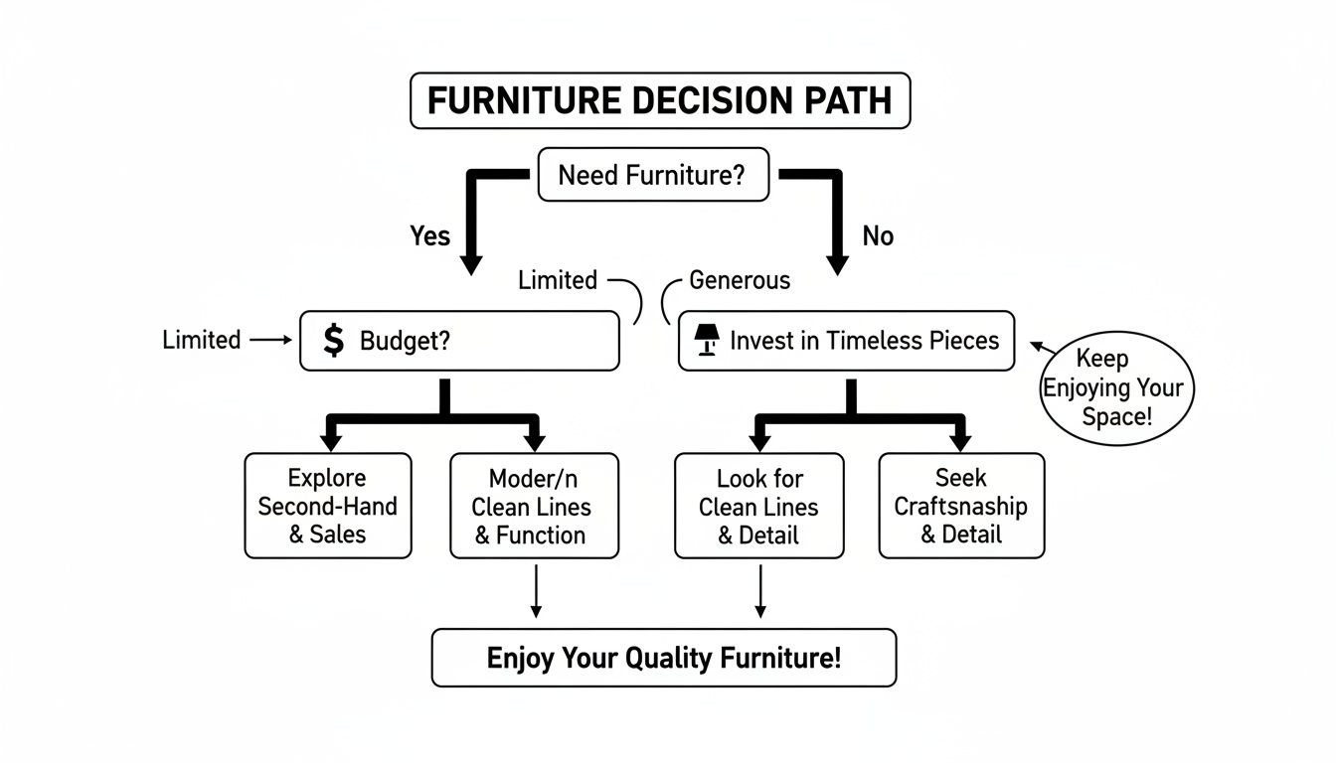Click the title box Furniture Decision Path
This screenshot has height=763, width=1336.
pyautogui.click(x=660, y=100)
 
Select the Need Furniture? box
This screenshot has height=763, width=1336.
pyautogui.click(x=652, y=176)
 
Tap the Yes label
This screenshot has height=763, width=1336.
pyautogui.click(x=429, y=236)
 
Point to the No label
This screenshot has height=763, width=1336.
pyautogui.click(x=878, y=236)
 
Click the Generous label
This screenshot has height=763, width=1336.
pyautogui.click(x=740, y=281)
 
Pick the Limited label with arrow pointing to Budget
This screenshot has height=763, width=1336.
pyautogui.click(x=201, y=340)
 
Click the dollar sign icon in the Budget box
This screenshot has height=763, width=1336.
pyautogui.click(x=334, y=341)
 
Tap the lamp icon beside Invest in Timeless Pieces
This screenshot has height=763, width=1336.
pyautogui.click(x=706, y=341)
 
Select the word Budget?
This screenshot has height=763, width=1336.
pyautogui.click(x=405, y=341)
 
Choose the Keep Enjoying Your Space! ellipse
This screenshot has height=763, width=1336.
pyautogui.click(x=1116, y=387)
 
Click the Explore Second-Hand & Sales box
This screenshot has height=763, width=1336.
pyautogui.click(x=327, y=506)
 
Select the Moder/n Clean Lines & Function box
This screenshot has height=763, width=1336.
pyautogui.click(x=534, y=506)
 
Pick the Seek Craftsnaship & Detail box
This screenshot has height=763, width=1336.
pyautogui.click(x=961, y=506)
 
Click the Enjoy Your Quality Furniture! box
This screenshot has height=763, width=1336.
pyautogui.click(x=663, y=658)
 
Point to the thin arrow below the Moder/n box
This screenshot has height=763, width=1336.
pyautogui.click(x=536, y=592)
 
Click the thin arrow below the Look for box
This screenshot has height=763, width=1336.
pyautogui.click(x=760, y=592)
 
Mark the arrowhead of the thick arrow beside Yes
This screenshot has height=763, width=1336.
pyautogui.click(x=470, y=264)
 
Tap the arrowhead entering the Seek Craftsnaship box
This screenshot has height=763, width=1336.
pyautogui.click(x=959, y=442)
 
